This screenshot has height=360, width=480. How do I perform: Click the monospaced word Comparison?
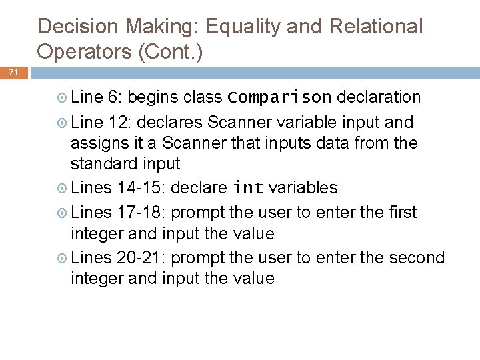(279, 98)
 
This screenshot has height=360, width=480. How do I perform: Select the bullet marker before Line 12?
(61, 123)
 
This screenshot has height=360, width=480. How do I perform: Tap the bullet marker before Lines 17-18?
(61, 213)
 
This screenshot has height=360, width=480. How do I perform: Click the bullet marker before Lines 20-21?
(61, 257)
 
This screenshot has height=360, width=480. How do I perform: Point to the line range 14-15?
(142, 189)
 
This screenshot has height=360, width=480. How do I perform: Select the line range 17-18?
(142, 212)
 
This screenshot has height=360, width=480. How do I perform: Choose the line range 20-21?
(142, 257)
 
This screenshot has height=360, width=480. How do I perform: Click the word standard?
(103, 163)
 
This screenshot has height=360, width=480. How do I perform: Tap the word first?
(400, 212)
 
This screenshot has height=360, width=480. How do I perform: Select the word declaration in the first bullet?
(379, 98)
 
